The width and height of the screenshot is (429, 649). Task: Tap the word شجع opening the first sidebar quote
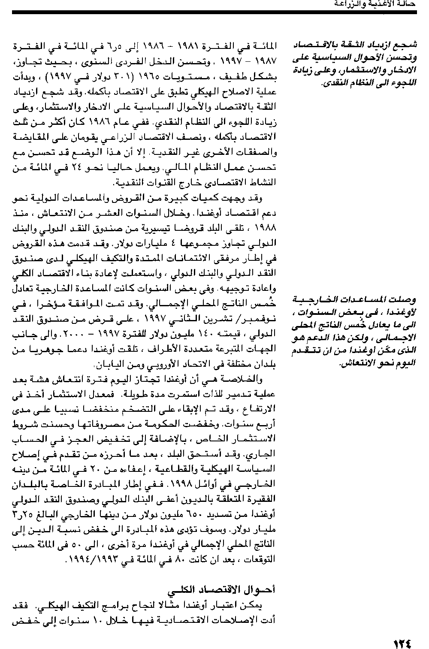coord(407,45)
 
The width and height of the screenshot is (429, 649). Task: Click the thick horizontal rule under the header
coord(214,13)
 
